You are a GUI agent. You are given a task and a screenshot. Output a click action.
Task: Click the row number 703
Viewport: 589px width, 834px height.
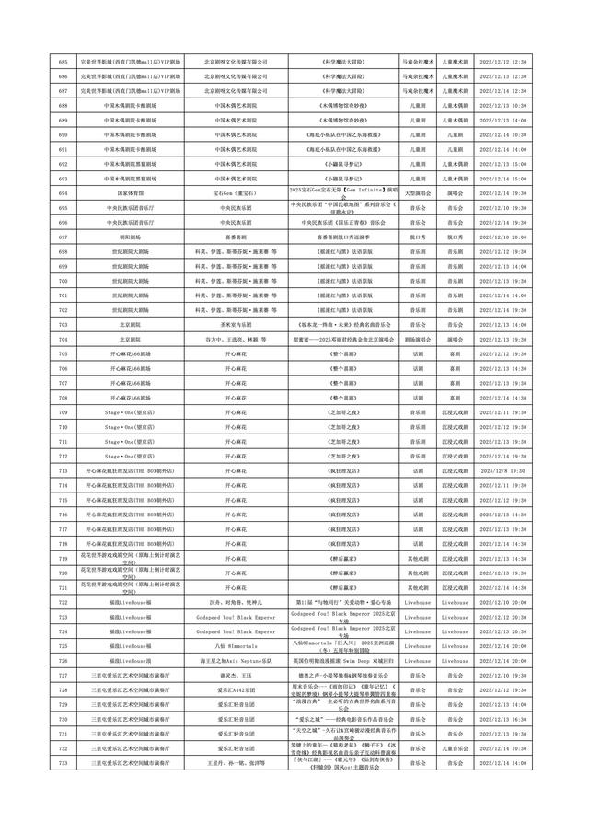(x=63, y=325)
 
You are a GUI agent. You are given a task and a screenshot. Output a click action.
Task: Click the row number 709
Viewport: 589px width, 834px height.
(x=63, y=412)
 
